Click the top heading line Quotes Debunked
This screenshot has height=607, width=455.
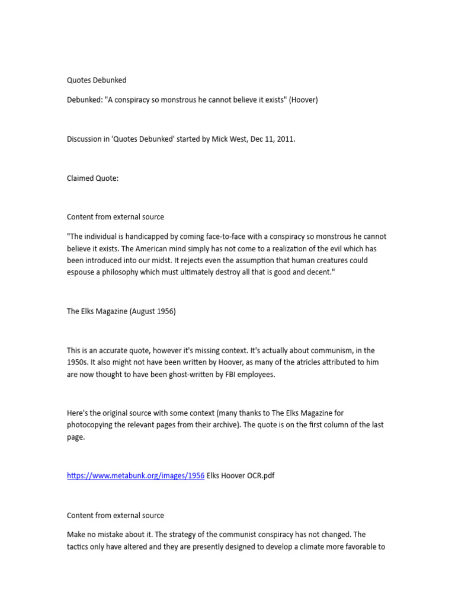tap(97, 80)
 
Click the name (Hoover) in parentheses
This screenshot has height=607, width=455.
tap(303, 100)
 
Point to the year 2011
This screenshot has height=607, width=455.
tap(286, 139)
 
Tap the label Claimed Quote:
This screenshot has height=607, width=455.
tap(92, 178)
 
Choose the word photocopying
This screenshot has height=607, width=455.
tap(93, 425)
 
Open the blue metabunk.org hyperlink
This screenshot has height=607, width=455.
tap(136, 476)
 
